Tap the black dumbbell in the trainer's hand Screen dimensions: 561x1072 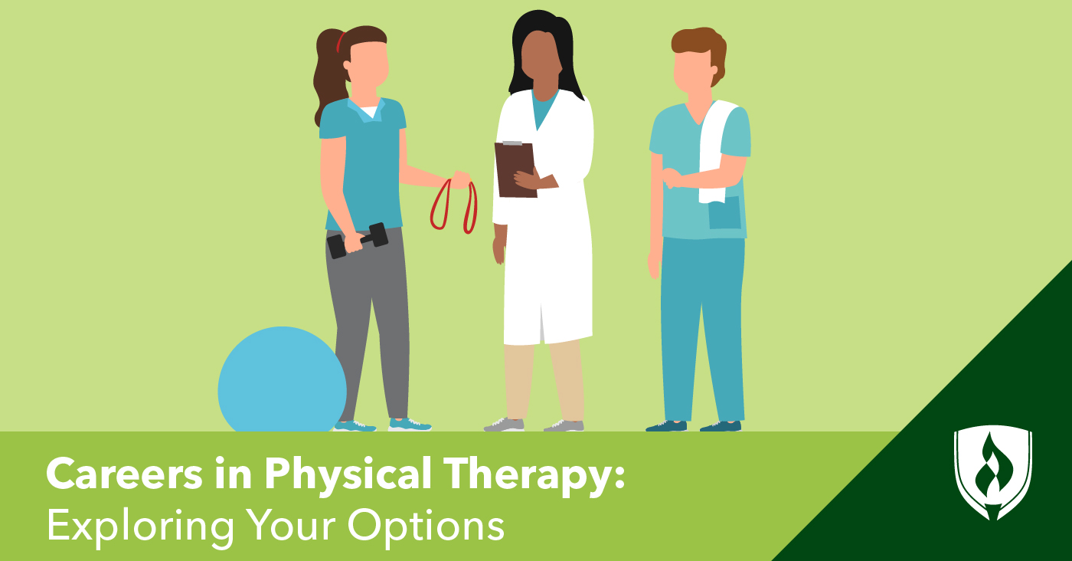[358, 239]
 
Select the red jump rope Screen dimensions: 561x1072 [453, 205]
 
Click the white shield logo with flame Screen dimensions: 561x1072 [992, 472]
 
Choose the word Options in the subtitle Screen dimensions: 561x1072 [426, 525]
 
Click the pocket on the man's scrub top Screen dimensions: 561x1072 [724, 212]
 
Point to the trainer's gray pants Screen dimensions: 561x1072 [368, 322]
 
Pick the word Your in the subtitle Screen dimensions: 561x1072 [290, 525]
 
